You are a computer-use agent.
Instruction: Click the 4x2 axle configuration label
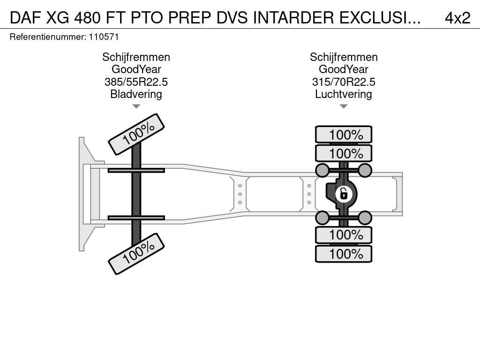[457, 18]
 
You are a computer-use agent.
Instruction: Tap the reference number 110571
[104, 37]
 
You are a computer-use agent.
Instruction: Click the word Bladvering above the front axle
[136, 94]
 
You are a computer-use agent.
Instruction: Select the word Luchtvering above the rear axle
[344, 94]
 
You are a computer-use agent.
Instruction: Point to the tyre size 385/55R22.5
[136, 82]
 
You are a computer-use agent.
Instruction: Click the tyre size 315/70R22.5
[344, 82]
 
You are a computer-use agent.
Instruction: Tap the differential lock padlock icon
[344, 194]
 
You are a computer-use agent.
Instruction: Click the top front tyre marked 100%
[136, 134]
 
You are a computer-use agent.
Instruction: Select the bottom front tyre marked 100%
[136, 254]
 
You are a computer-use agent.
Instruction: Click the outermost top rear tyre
[344, 135]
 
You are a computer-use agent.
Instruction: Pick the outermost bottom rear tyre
[344, 254]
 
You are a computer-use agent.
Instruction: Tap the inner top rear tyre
[344, 153]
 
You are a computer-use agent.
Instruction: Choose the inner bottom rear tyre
[344, 235]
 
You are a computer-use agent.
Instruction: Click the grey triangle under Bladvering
[136, 106]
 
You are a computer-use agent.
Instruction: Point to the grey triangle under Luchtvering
[344, 106]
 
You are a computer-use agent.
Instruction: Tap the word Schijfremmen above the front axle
[136, 57]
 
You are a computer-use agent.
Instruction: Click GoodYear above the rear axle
[344, 69]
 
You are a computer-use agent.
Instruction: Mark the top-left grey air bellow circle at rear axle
[322, 170]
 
